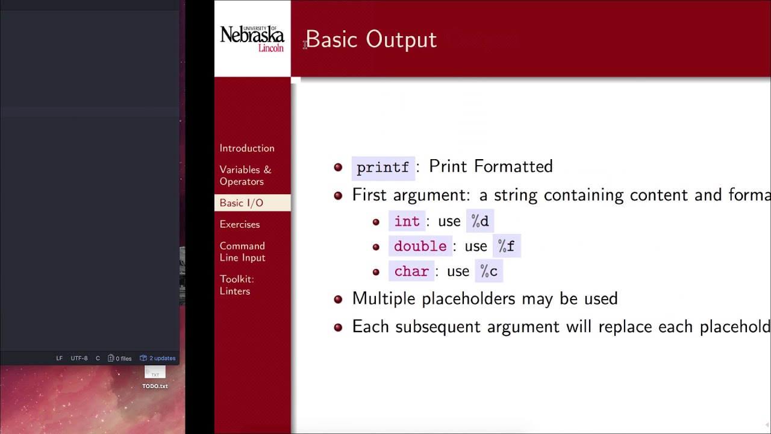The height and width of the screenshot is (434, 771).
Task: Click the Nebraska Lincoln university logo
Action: click(x=252, y=39)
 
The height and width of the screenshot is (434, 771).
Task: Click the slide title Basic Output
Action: click(x=371, y=40)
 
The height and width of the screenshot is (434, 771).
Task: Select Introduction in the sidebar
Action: click(x=247, y=148)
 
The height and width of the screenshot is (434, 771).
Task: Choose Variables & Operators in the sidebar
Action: click(x=245, y=175)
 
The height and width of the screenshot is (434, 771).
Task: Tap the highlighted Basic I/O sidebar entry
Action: click(x=242, y=203)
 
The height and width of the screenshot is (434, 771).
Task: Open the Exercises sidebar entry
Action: click(x=240, y=224)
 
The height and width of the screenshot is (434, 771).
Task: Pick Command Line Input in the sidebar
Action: click(x=242, y=252)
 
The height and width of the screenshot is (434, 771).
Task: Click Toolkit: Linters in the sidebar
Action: click(x=237, y=285)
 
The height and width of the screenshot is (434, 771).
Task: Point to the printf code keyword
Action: click(x=382, y=167)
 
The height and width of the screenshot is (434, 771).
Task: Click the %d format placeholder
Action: click(x=480, y=221)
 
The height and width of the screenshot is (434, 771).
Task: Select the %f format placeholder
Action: click(x=506, y=247)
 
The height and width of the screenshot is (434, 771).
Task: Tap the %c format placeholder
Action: click(x=489, y=272)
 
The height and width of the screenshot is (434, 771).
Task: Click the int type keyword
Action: click(x=407, y=221)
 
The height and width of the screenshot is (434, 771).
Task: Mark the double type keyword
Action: click(x=420, y=247)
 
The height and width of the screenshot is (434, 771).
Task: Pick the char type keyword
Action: click(x=411, y=272)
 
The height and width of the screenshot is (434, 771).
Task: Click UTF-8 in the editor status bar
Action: click(x=79, y=358)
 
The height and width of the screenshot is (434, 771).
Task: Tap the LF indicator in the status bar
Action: click(x=59, y=358)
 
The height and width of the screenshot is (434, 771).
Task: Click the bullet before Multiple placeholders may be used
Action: click(x=338, y=299)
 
